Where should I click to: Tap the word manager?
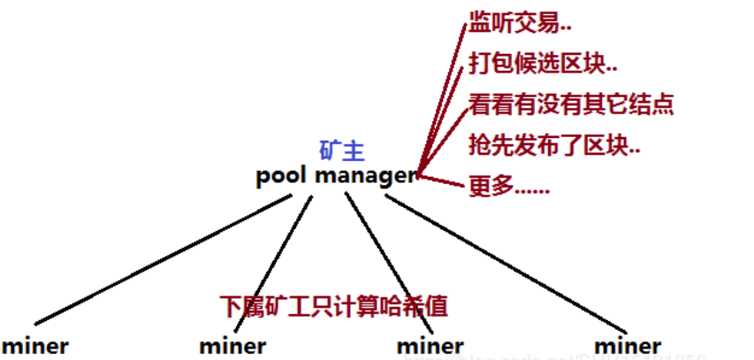tap(365, 176)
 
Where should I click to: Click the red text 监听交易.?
tap(514, 24)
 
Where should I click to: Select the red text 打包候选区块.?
tap(543, 64)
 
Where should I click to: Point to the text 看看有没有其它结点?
tap(571, 104)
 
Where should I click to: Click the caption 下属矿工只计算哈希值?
tap(334, 306)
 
